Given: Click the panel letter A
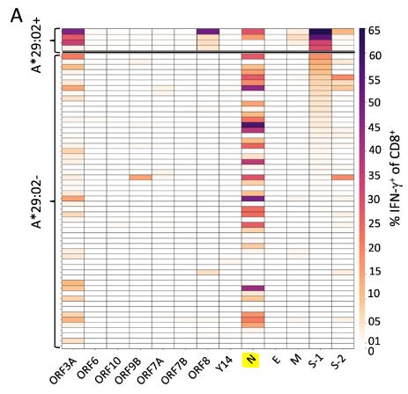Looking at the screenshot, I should (x=16, y=17).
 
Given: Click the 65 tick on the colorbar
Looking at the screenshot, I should (x=374, y=30).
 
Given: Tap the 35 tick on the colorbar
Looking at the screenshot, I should (x=374, y=175).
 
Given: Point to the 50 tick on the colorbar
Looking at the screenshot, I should (x=374, y=103).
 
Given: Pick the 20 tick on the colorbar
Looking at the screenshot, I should (x=374, y=247).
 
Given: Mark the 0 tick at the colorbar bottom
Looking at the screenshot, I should (x=371, y=351).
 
